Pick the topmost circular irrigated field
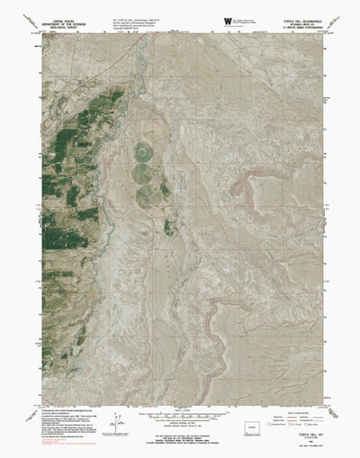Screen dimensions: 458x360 [144, 150]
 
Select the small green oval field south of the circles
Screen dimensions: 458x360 [168, 228]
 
